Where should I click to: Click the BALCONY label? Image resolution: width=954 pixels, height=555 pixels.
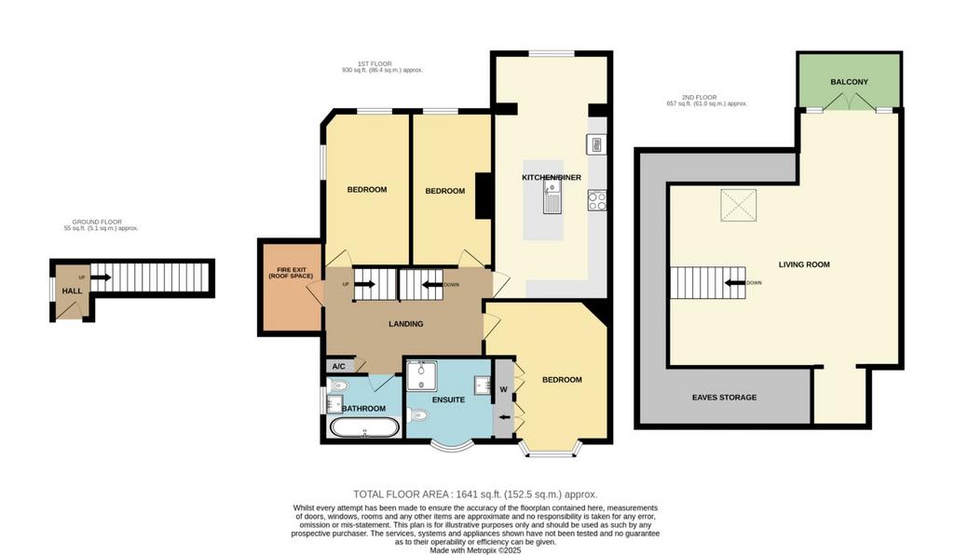(849, 82)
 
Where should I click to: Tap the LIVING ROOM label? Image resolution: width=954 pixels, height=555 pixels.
(804, 264)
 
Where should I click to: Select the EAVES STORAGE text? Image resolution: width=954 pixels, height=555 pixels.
(724, 398)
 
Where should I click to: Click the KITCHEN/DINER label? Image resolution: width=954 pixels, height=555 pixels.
(552, 178)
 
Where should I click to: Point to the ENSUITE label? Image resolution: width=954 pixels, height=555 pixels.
(448, 400)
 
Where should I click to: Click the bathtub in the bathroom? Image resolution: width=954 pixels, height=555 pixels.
(364, 427)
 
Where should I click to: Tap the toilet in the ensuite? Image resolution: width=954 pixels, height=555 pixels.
(418, 415)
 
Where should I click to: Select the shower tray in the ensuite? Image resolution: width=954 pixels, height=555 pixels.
(421, 375)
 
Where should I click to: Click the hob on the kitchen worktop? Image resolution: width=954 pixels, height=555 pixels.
(597, 200)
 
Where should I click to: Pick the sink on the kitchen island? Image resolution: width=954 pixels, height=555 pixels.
(552, 196)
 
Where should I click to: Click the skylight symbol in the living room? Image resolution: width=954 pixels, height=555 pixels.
(739, 205)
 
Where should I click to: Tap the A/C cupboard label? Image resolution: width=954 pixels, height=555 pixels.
(339, 367)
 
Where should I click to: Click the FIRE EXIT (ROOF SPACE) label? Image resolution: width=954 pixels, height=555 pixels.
(291, 273)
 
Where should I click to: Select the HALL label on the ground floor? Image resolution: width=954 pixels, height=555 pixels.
(72, 291)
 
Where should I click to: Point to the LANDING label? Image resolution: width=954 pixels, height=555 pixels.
(406, 324)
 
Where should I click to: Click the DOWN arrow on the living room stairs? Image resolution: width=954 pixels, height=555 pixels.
(735, 283)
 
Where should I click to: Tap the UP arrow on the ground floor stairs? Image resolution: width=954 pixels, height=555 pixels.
(101, 277)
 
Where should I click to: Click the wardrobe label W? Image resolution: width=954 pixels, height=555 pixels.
(503, 389)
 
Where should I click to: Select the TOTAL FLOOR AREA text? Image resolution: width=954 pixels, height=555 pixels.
(475, 494)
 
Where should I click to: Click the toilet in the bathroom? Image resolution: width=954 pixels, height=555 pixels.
(339, 386)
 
